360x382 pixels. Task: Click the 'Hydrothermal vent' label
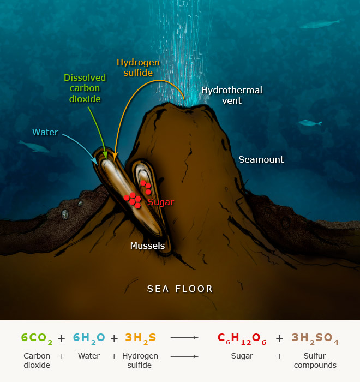coord(231,95)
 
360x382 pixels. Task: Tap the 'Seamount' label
coord(261,159)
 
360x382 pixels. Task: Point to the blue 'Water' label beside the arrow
coord(45,132)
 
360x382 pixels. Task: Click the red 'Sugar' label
coord(161,202)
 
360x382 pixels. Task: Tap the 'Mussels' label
coord(147,246)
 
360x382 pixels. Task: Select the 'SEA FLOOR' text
coord(180,289)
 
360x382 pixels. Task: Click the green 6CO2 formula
coord(37,338)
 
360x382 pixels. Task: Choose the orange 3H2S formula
coord(140,338)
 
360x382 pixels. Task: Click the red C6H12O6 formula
coord(242,338)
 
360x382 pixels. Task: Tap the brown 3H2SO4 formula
coord(315,338)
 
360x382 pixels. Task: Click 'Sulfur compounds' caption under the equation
coord(315,360)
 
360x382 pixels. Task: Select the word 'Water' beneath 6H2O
coord(88,356)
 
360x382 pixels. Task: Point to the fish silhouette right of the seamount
coord(309,123)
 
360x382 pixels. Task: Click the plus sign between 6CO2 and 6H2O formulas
coord(61,338)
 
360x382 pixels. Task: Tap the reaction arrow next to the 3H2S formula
coord(184,338)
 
